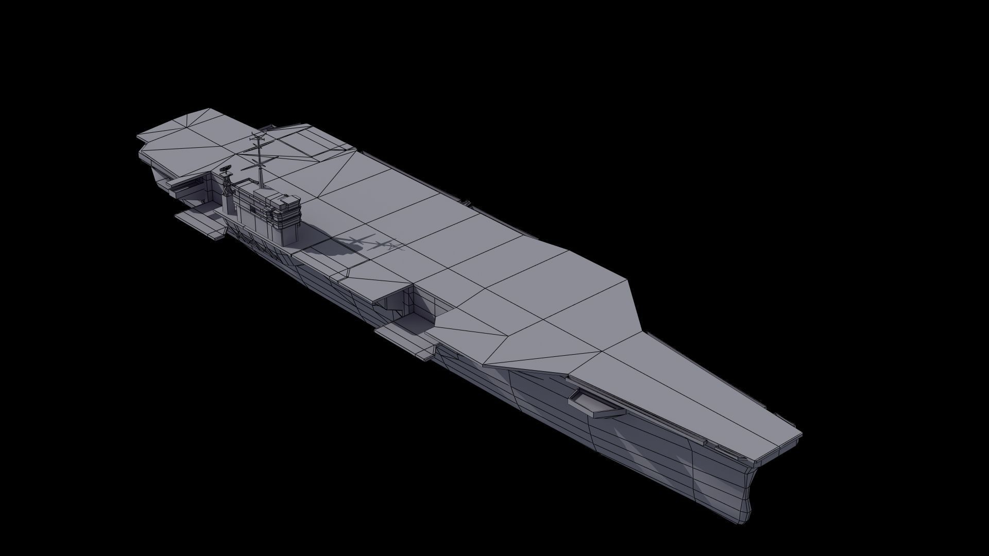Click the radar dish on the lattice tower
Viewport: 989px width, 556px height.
tap(225, 168)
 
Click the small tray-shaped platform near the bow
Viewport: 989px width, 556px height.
tap(595, 402)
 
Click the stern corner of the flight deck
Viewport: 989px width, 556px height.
tap(138, 138)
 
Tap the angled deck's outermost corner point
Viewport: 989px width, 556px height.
tap(629, 281)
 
